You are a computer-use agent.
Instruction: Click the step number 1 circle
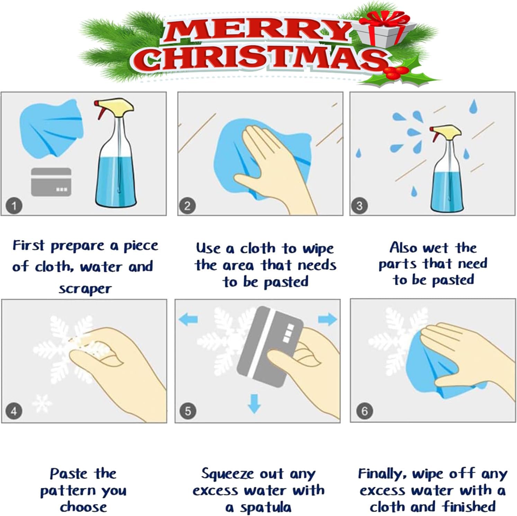point(14,206)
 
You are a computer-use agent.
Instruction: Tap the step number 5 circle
point(188,411)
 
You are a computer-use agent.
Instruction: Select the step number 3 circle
point(359,206)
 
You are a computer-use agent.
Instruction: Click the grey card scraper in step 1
point(51,182)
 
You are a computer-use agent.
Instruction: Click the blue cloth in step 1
point(51,129)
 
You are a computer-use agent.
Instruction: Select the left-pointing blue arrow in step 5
point(188,319)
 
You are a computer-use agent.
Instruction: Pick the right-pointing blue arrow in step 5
point(327,319)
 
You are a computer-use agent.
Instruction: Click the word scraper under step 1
point(85,289)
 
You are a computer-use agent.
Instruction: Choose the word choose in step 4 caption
point(83,507)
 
